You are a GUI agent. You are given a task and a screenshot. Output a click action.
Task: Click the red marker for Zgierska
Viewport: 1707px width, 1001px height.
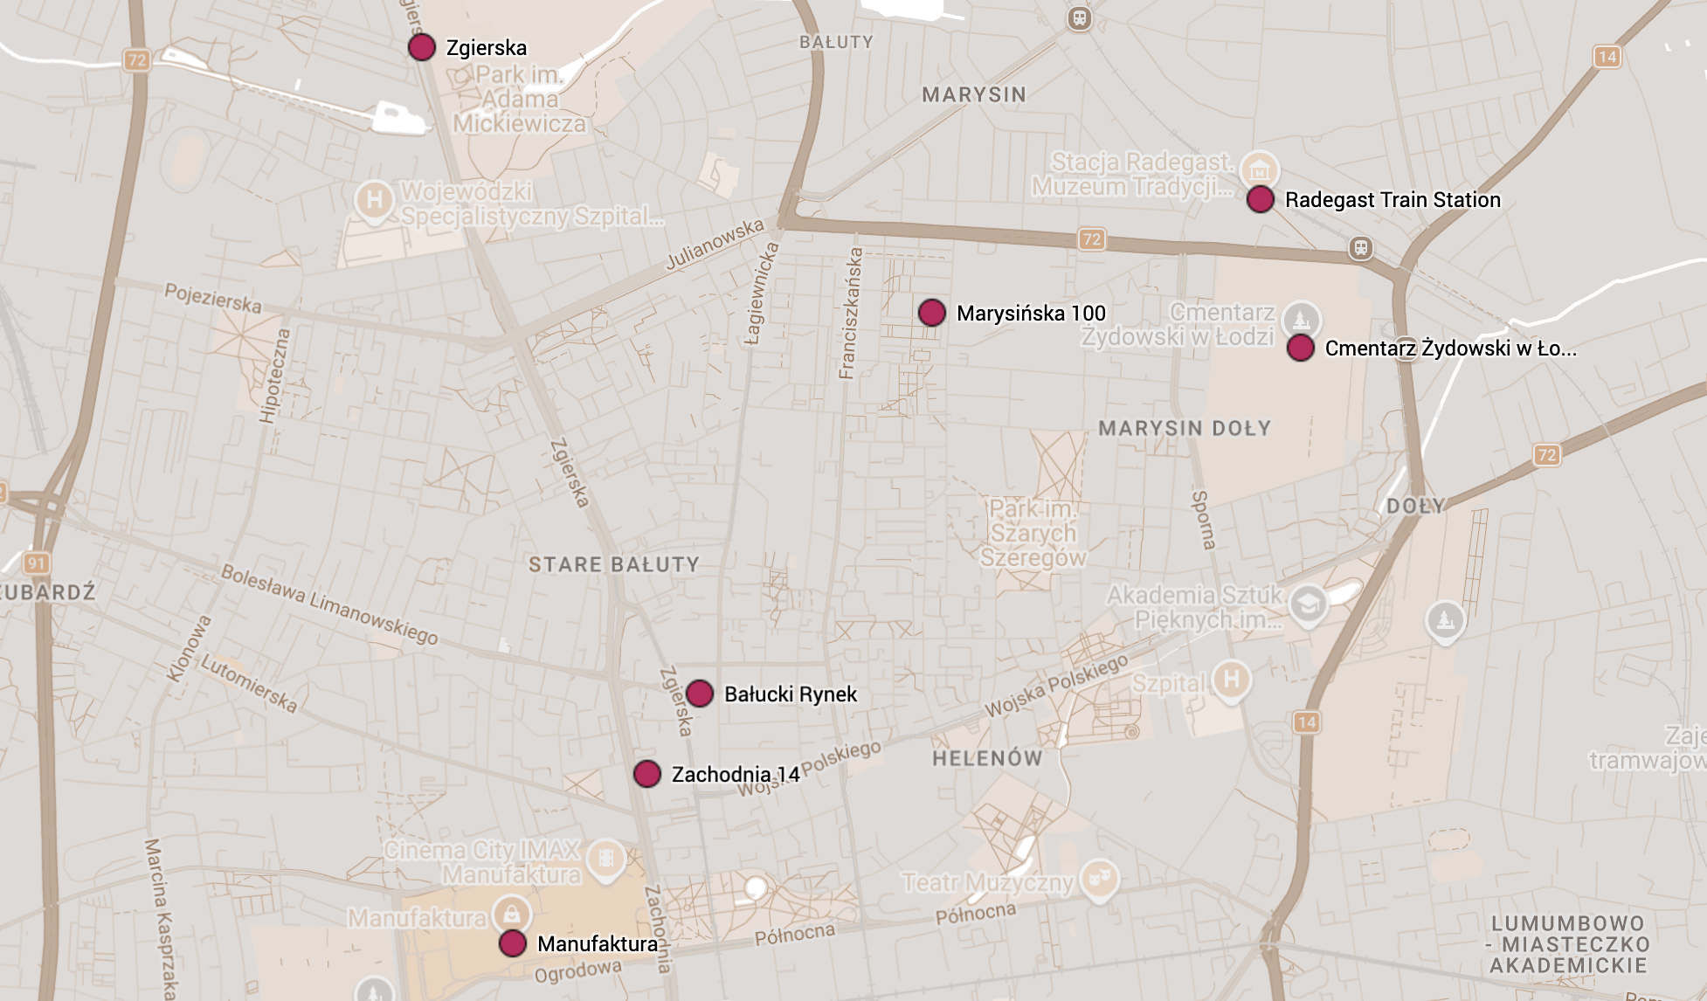pyautogui.click(x=422, y=47)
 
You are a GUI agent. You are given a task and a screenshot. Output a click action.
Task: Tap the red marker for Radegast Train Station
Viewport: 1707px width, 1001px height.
pyautogui.click(x=1260, y=199)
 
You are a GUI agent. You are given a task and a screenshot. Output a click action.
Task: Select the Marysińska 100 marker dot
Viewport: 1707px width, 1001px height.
pyautogui.click(x=932, y=313)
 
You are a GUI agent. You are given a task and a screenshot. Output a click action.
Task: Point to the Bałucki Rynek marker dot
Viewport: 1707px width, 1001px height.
pyautogui.click(x=700, y=694)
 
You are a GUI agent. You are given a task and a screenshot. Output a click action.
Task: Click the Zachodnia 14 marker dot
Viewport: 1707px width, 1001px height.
pyautogui.click(x=647, y=774)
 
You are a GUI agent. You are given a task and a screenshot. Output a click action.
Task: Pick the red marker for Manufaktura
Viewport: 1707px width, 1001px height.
pyautogui.click(x=513, y=943)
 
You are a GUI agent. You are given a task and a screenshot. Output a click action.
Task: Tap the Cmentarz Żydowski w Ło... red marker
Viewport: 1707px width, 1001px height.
pyautogui.click(x=1301, y=348)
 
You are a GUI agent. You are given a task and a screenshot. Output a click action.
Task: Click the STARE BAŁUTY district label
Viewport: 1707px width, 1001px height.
pyautogui.click(x=613, y=565)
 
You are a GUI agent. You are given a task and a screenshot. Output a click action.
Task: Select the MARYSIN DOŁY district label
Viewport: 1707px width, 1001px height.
pyautogui.click(x=1185, y=429)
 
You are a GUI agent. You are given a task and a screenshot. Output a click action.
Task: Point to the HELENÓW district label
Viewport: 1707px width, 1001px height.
pyautogui.click(x=987, y=758)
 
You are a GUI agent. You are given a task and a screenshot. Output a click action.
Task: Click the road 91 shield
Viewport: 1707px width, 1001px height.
pyautogui.click(x=36, y=563)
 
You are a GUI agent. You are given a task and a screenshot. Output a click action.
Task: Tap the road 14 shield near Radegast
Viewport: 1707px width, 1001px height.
pyautogui.click(x=1607, y=58)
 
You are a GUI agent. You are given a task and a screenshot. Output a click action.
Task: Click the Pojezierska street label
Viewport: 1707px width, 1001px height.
pyautogui.click(x=213, y=298)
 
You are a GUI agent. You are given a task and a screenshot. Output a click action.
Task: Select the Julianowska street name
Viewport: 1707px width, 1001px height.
pyautogui.click(x=715, y=245)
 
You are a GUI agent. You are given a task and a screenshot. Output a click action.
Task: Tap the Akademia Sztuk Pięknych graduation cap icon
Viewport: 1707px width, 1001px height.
pyautogui.click(x=1308, y=604)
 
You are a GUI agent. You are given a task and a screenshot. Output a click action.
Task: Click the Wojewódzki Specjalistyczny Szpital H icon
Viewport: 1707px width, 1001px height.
pyautogui.click(x=374, y=200)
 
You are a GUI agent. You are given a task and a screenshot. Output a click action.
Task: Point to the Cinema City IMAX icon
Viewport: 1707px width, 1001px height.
pyautogui.click(x=605, y=859)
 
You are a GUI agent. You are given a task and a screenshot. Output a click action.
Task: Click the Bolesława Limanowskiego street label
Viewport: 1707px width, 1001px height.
pyautogui.click(x=329, y=604)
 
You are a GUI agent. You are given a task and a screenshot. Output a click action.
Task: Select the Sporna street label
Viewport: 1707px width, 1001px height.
pyautogui.click(x=1203, y=520)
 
